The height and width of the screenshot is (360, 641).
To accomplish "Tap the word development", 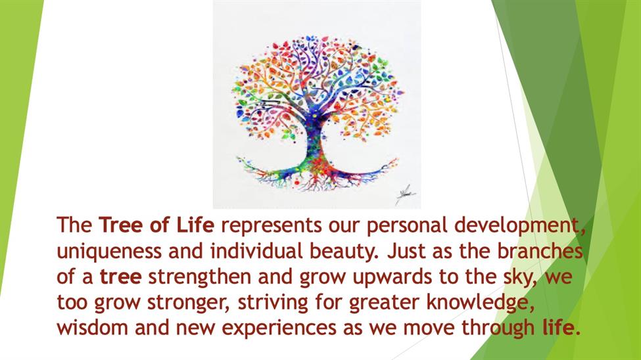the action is pos(517,226).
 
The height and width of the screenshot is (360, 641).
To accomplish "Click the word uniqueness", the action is pos(109,252).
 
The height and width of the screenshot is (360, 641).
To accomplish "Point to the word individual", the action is pos(256,250).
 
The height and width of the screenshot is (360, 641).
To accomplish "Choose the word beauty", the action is pos(342,252).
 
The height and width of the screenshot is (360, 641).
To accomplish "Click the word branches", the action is pos(540,250).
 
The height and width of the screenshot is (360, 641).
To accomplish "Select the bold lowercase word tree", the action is pos(121,277).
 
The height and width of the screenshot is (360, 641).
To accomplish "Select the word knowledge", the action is pos(481,303).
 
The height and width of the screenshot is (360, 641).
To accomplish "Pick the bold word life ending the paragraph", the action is pos(558,327).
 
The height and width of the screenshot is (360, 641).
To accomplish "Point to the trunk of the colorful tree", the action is pos(315,143).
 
